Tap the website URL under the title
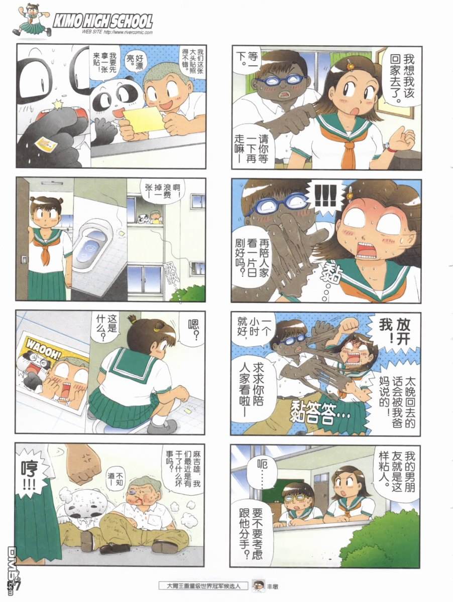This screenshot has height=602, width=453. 117,33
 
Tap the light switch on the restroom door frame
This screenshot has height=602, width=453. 25,259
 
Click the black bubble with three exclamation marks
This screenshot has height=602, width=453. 325,197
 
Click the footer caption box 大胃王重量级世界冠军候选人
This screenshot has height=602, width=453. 203,585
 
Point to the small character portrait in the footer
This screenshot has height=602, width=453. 258,585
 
